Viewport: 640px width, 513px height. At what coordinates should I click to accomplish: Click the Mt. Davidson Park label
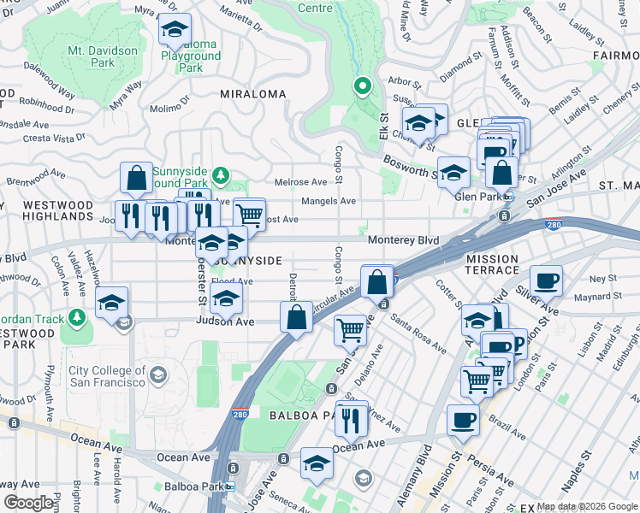[102, 56]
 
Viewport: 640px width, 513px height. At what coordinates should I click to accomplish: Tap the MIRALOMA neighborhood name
[252, 94]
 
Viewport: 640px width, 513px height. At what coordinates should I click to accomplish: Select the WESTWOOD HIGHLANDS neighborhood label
[57, 211]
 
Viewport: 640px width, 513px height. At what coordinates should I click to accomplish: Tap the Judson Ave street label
[225, 321]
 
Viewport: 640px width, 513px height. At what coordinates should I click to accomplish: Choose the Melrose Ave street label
[300, 182]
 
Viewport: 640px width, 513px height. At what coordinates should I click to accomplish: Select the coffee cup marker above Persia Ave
[463, 420]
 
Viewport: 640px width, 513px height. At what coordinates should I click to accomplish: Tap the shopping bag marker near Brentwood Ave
[136, 178]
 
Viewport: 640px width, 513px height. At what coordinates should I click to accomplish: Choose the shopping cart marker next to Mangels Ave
[249, 213]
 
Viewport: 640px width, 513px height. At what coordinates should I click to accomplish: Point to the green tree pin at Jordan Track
[78, 318]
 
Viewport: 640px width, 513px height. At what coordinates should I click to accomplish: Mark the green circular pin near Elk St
[362, 85]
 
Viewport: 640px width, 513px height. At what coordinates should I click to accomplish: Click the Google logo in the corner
[28, 503]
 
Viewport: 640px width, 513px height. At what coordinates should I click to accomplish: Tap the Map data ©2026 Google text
[587, 506]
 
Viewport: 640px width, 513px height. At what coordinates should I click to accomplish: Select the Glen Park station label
[478, 196]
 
